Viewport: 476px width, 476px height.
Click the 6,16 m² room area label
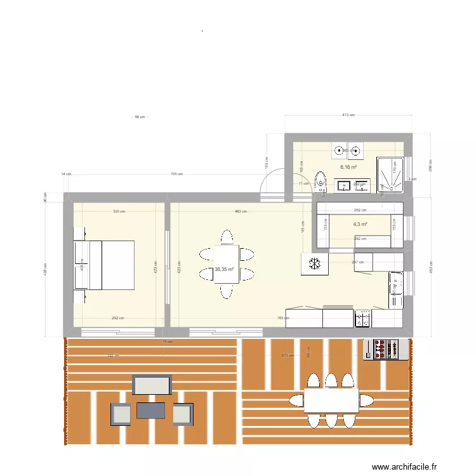pyautogui.click(x=348, y=168)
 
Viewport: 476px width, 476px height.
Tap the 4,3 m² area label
pyautogui.click(x=360, y=224)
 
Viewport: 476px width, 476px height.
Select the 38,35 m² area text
pyautogui.click(x=224, y=270)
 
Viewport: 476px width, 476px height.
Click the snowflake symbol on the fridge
pyautogui.click(x=314, y=264)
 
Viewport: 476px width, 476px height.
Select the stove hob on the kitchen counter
pyautogui.click(x=362, y=319)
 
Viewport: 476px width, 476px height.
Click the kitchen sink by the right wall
pyautogui.click(x=396, y=284)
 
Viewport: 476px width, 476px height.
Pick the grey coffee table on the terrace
pyautogui.click(x=150, y=411)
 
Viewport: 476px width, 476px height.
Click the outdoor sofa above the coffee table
pyautogui.click(x=152, y=385)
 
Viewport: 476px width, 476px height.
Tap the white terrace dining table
pyautogui.click(x=330, y=400)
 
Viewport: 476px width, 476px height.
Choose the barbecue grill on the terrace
pyautogui.click(x=385, y=349)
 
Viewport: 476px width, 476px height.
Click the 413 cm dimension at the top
pyautogui.click(x=348, y=115)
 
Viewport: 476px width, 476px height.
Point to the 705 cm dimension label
pyautogui.click(x=176, y=174)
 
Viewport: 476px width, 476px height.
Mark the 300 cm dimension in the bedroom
pyautogui.click(x=119, y=211)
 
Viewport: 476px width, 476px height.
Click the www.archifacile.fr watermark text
pyautogui.click(x=405, y=466)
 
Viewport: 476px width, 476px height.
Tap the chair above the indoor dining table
pyautogui.click(x=227, y=237)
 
